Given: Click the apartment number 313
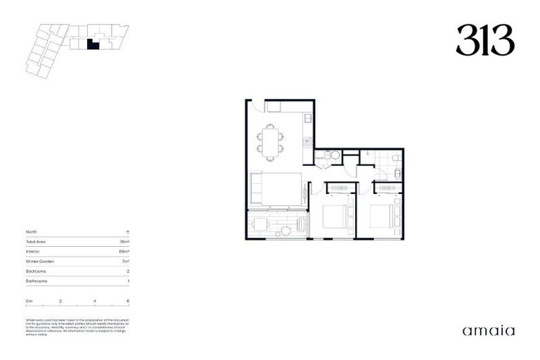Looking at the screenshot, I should (484, 41).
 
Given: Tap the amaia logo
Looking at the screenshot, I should (488, 330).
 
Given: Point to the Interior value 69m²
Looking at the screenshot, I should (124, 251).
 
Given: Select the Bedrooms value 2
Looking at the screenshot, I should (127, 271).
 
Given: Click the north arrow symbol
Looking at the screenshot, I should (127, 231).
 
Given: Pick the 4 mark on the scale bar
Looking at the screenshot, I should (94, 300).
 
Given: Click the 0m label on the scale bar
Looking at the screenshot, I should (30, 300).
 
